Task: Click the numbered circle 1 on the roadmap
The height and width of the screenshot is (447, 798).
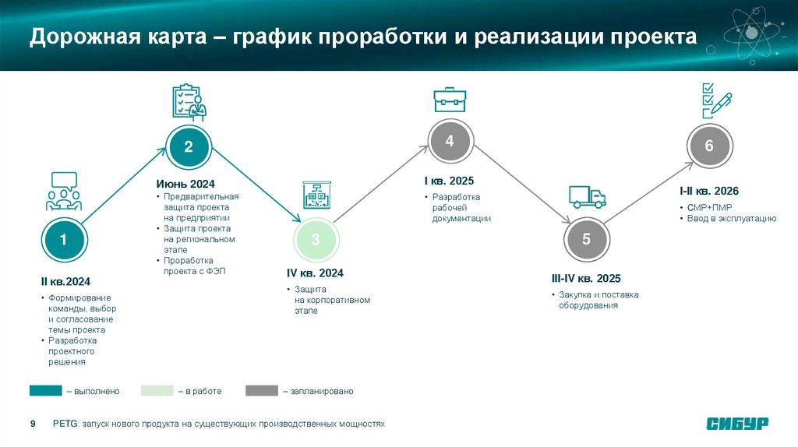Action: tap(63, 241)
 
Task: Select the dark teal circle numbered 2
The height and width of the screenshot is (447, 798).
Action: tap(188, 146)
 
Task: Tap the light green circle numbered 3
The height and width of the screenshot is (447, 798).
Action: tap(316, 241)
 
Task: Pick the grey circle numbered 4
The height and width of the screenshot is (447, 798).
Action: tap(450, 142)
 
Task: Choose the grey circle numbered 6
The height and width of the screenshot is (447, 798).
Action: tap(708, 146)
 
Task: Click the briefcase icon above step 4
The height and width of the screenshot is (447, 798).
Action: tap(450, 100)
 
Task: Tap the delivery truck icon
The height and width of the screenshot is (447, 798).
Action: tap(587, 197)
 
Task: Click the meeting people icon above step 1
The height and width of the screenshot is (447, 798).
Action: tap(63, 192)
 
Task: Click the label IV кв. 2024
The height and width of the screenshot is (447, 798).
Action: tap(315, 273)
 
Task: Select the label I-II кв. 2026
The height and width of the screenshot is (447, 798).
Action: tap(708, 191)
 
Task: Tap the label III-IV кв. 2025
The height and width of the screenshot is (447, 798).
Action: tap(585, 278)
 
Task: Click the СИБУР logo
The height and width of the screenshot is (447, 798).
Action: tap(737, 424)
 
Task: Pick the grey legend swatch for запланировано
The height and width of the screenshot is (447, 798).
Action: tap(261, 390)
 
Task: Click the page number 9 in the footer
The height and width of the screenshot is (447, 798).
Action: tap(33, 424)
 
